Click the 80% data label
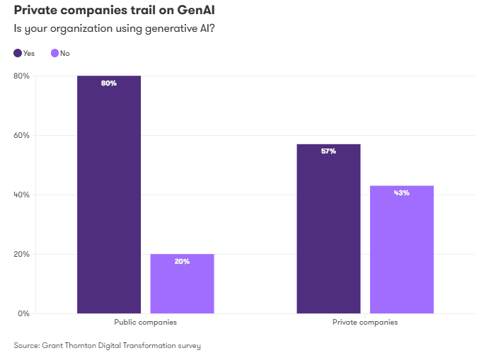(x=109, y=83)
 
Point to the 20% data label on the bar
(x=182, y=262)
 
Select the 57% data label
(x=328, y=151)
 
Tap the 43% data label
(x=401, y=192)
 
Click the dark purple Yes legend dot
(x=18, y=53)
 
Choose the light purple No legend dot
(x=54, y=53)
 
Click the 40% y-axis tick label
(x=21, y=194)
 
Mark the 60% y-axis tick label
(x=21, y=135)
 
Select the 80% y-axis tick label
(x=21, y=76)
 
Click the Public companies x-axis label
(x=145, y=322)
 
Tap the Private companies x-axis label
(x=364, y=322)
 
